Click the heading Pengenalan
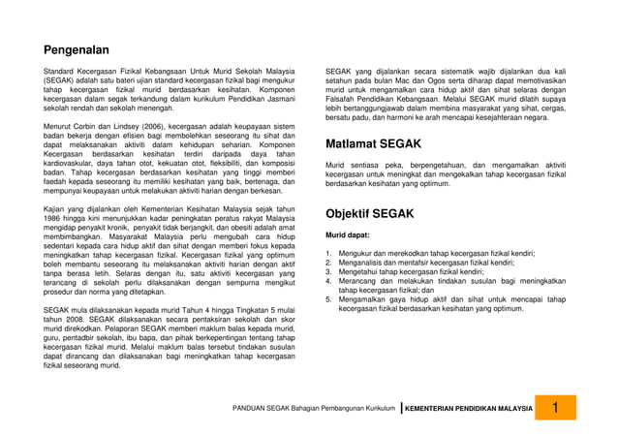77,49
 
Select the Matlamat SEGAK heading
373,144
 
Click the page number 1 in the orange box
556,408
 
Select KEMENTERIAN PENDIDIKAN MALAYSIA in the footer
469,409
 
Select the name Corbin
94,126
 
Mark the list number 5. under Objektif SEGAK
328,299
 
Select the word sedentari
62,246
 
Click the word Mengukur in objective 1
356,253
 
